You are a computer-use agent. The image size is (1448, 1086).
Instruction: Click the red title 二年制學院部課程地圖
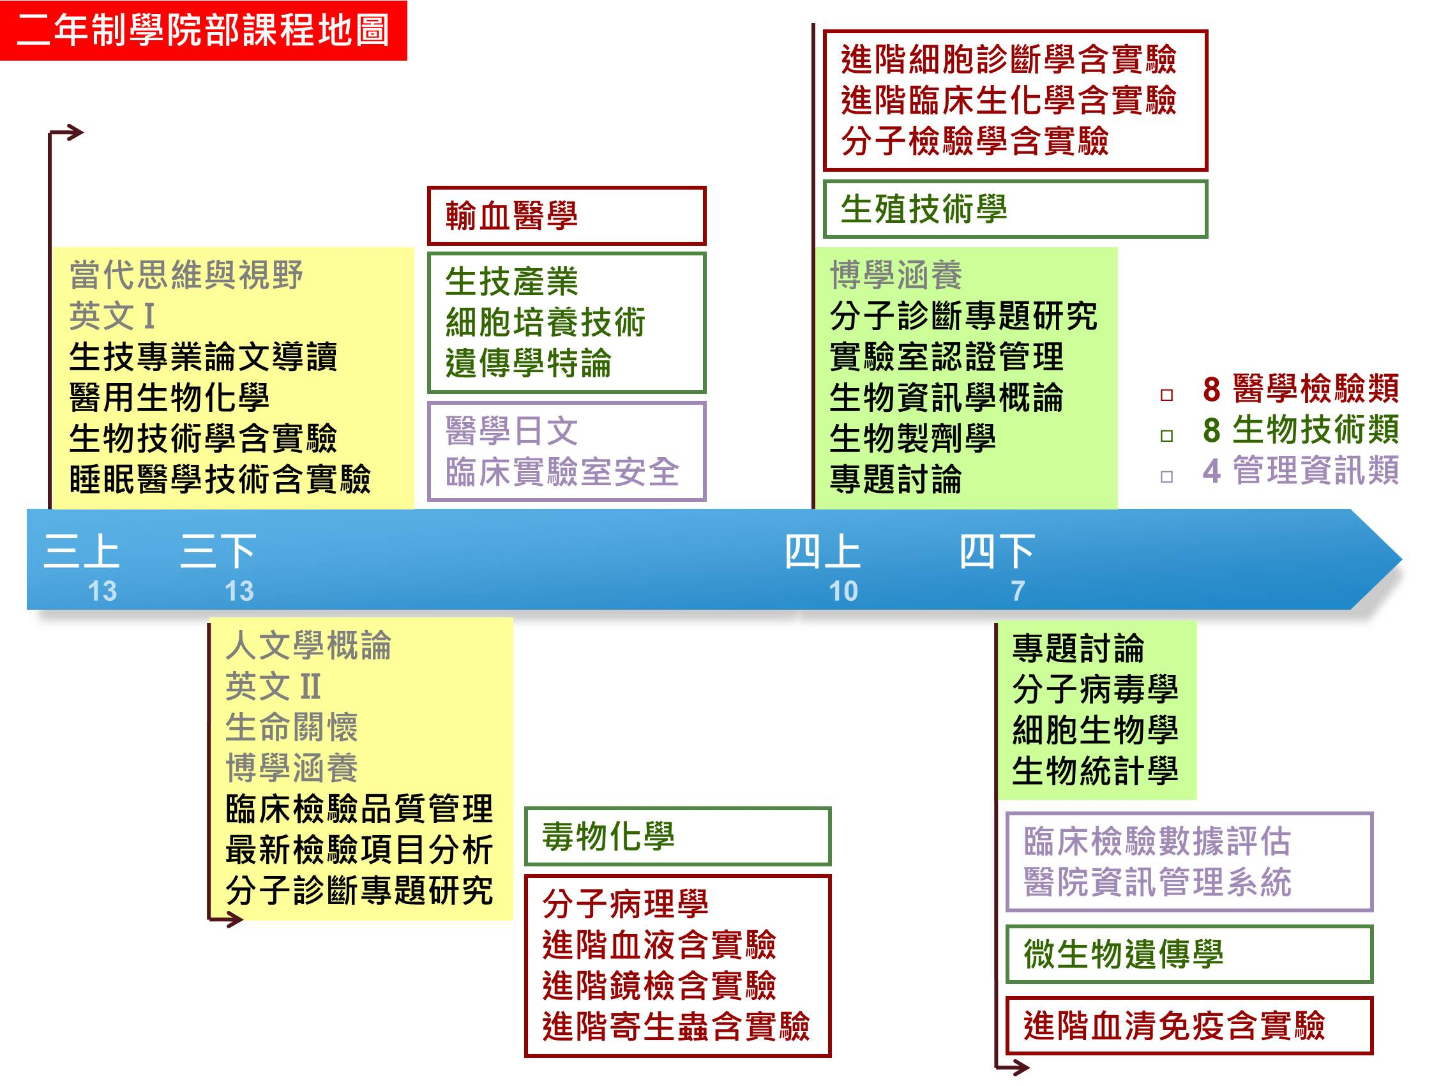tap(204, 31)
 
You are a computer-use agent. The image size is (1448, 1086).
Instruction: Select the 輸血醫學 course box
tap(566, 216)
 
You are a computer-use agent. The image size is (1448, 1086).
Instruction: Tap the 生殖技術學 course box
tap(1014, 209)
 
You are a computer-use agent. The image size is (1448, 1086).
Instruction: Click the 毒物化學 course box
tap(677, 836)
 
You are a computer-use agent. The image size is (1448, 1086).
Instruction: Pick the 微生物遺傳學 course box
tap(1189, 954)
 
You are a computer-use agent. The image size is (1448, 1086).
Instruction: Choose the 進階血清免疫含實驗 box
tap(1189, 1026)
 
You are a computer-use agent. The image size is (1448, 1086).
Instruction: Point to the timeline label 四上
tap(822, 551)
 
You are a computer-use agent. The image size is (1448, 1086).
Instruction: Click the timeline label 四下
tap(997, 551)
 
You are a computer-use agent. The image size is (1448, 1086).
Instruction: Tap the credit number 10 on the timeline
tap(843, 591)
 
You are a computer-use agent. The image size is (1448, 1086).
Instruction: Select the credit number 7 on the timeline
tap(1018, 591)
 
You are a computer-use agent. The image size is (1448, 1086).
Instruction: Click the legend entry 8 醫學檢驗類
tap(1301, 389)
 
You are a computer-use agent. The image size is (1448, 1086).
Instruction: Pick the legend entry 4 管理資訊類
tap(1301, 470)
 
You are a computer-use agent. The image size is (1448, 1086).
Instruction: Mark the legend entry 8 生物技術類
tap(1301, 430)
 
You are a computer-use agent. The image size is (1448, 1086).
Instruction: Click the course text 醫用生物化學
tap(170, 397)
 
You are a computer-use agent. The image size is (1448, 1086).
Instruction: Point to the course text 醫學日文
tap(511, 431)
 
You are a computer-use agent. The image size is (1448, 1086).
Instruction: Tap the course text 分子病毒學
tap(1095, 689)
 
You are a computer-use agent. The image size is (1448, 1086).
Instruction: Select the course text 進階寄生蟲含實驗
tap(675, 1026)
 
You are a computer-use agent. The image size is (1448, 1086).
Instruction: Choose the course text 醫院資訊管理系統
tap(1158, 882)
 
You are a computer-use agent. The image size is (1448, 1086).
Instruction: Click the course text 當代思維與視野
tap(186, 275)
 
